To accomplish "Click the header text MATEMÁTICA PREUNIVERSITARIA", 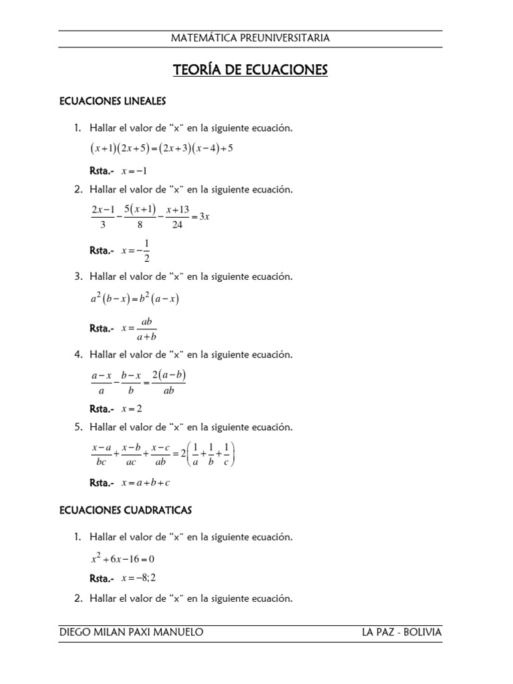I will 250,38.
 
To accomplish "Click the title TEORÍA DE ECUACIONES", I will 250,70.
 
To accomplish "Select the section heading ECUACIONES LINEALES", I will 112,102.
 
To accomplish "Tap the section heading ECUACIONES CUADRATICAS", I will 126,510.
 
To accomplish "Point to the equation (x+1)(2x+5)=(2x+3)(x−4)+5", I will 161,148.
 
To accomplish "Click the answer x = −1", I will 134,171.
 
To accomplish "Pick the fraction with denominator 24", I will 177,217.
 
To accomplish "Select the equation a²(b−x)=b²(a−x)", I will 135,299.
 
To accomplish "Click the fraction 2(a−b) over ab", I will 168,383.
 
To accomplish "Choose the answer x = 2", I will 132,409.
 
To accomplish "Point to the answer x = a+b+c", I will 146,482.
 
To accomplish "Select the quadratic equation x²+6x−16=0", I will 124,558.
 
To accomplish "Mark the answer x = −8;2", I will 138,578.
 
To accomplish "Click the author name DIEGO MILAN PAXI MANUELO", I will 131,632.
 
